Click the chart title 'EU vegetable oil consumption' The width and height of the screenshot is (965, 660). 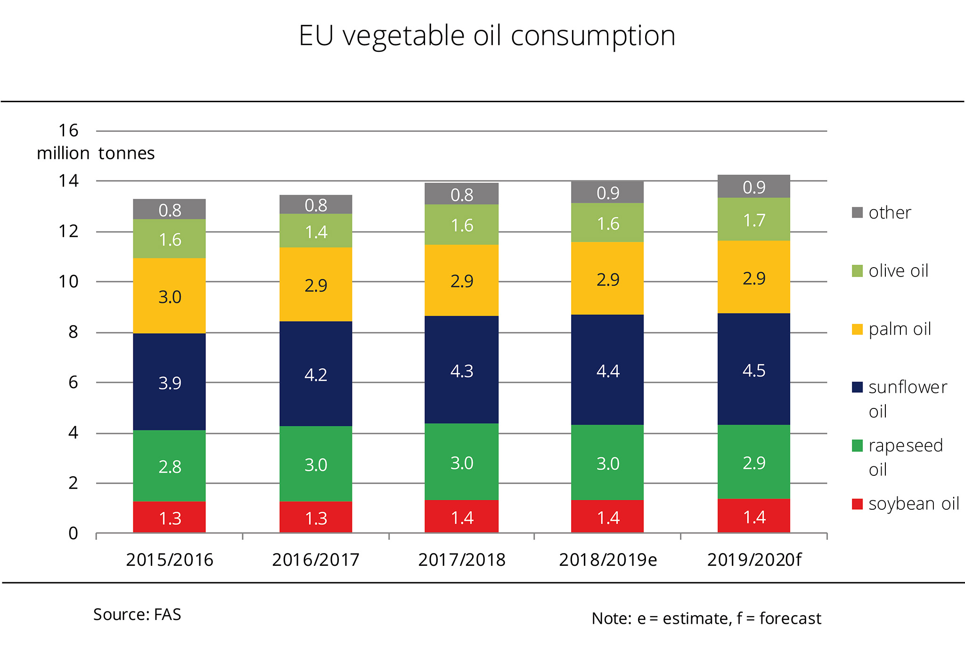tap(487, 36)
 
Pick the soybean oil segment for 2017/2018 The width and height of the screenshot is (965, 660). tap(461, 516)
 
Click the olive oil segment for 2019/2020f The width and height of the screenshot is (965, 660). tap(753, 220)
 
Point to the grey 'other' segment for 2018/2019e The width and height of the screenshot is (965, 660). tap(607, 192)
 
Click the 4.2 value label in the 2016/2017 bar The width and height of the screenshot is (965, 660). tap(316, 375)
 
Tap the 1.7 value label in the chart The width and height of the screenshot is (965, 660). tap(754, 220)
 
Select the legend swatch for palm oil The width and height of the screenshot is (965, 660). tap(857, 329)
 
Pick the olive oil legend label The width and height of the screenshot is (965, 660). tap(898, 271)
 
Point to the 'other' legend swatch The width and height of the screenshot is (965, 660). tap(857, 212)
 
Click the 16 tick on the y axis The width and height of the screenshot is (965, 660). tap(68, 130)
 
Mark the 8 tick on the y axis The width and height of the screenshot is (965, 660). tap(73, 332)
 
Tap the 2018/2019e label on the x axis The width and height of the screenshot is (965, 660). tap(608, 560)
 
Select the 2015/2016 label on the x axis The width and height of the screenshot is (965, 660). tap(170, 560)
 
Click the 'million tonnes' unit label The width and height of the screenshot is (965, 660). tap(96, 153)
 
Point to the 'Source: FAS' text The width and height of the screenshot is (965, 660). tap(137, 614)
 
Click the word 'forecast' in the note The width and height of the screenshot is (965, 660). tap(790, 618)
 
